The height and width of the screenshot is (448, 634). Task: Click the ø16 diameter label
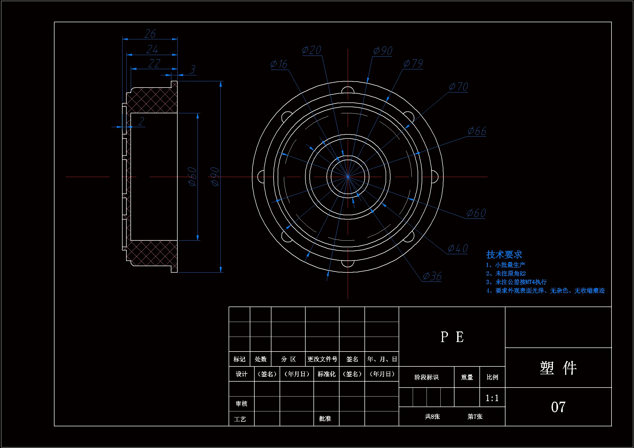(279, 64)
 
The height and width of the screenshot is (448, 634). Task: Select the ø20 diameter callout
(312, 50)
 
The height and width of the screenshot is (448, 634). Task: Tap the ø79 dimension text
(413, 63)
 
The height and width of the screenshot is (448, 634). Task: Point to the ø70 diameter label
(458, 87)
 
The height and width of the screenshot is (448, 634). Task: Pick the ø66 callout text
(477, 131)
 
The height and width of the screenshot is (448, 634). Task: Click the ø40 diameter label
(457, 249)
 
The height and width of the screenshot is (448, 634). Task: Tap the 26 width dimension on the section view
(150, 34)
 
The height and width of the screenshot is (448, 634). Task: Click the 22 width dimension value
(154, 63)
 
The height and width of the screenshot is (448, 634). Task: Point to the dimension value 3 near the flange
(193, 69)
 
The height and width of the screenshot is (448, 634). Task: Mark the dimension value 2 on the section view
(141, 121)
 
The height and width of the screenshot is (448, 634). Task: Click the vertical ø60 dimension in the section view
(192, 177)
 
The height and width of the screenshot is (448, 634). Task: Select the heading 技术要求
(504, 254)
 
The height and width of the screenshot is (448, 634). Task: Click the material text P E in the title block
(452, 337)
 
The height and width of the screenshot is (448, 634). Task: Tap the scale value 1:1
(492, 398)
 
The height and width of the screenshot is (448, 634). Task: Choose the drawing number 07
(558, 407)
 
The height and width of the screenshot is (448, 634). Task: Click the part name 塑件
(558, 368)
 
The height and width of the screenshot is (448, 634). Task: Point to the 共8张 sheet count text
(432, 417)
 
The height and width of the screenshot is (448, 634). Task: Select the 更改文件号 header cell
(322, 359)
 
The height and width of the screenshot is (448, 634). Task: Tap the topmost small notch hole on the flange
(348, 91)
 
